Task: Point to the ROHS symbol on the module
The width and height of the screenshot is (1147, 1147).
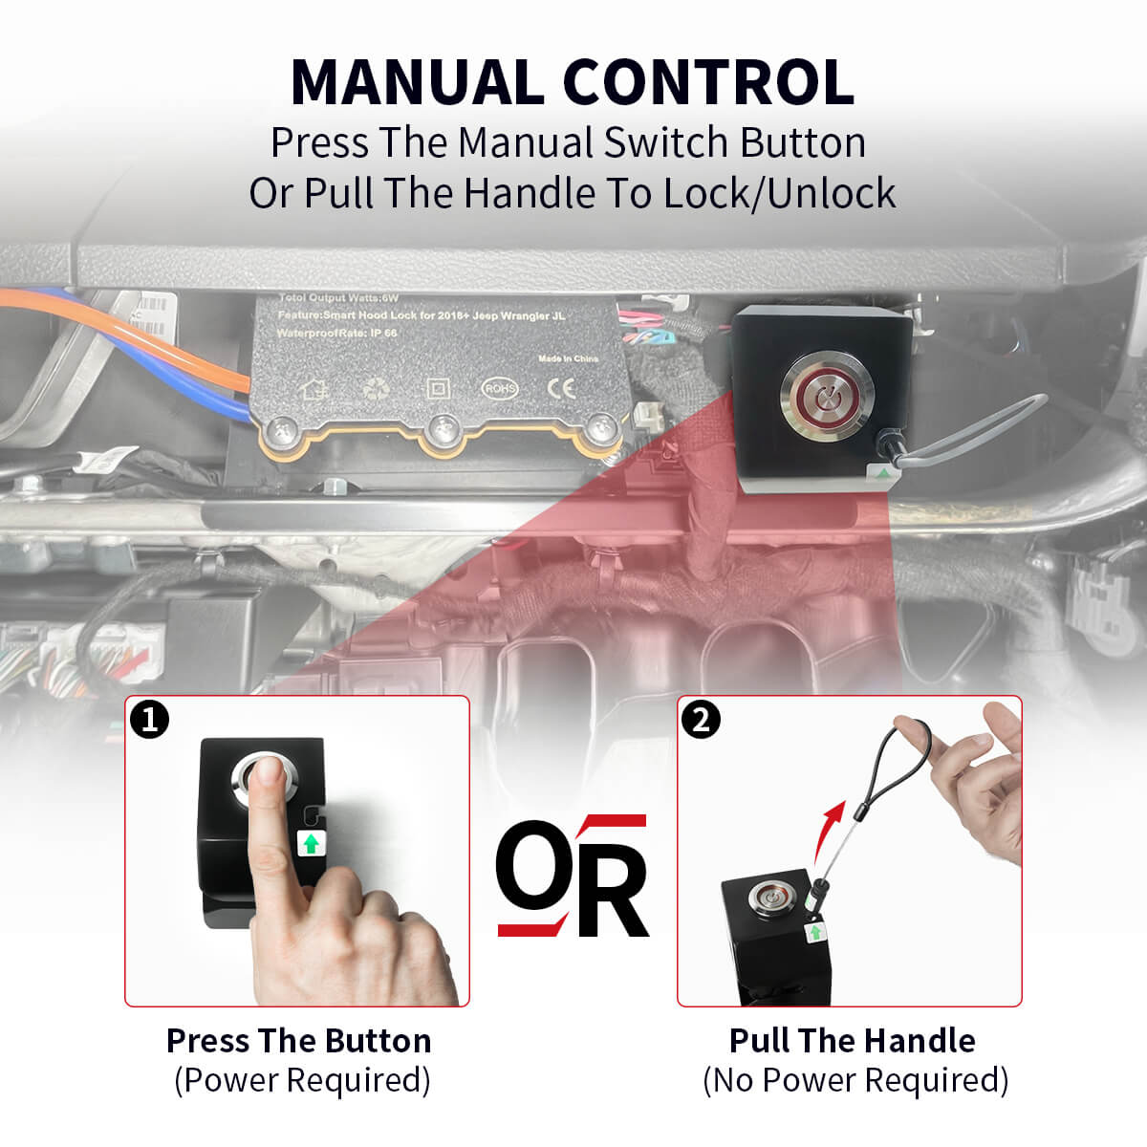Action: click(499, 388)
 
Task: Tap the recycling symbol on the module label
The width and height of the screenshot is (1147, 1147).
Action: click(374, 389)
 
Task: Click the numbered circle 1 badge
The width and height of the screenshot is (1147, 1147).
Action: click(149, 719)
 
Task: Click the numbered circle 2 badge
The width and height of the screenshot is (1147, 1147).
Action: click(702, 719)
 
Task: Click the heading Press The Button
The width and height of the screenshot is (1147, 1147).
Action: click(298, 1040)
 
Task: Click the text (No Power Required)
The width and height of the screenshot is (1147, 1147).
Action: click(855, 1080)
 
